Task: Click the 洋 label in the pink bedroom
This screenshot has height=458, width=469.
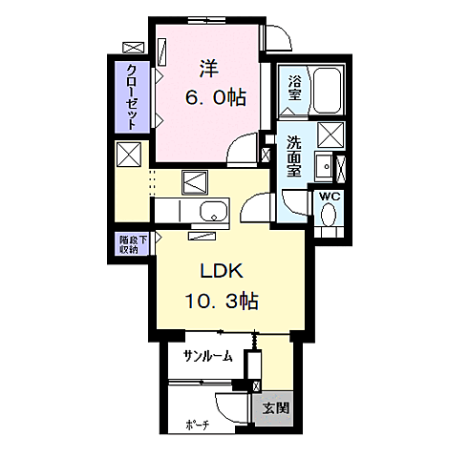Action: [208, 69]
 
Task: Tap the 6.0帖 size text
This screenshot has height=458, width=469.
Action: [216, 97]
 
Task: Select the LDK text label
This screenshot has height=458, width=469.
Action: [222, 271]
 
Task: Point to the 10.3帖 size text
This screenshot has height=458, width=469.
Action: [222, 301]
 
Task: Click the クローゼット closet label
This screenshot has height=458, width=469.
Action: [132, 96]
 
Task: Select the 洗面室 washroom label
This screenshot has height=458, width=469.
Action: [294, 156]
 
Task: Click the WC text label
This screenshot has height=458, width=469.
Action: [330, 197]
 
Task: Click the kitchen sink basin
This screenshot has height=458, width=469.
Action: [214, 211]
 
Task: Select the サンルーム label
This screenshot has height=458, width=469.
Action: [208, 357]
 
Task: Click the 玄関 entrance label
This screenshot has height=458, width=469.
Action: [276, 407]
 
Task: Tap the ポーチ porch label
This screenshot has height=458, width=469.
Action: [197, 425]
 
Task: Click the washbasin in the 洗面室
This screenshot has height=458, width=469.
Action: [323, 166]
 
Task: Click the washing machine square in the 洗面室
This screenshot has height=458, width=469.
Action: [331, 135]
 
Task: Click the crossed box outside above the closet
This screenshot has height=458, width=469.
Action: [134, 48]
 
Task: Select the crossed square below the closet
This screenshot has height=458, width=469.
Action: [129, 154]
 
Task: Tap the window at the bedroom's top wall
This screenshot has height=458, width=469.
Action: [206, 21]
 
